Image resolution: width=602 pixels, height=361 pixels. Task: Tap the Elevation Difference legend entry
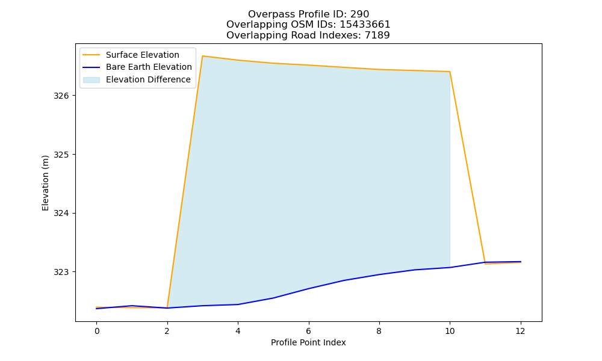point(137,79)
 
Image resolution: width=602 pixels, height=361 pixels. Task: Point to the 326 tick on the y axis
point(61,96)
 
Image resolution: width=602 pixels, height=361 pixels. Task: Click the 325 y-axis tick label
point(61,155)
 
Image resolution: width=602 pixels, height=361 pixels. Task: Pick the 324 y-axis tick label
point(61,214)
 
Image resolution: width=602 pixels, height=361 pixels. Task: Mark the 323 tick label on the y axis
point(61,273)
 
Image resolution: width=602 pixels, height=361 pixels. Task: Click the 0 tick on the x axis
point(97,331)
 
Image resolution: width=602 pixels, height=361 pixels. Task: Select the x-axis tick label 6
point(308,331)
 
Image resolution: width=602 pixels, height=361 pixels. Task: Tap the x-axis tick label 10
point(450,331)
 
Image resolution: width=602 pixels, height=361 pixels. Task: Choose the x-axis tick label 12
point(520,331)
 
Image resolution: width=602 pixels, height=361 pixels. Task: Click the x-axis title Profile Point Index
point(308,342)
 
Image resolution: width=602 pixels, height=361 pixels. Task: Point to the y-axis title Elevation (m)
point(45,183)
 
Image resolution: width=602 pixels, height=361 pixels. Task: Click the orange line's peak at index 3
point(202,56)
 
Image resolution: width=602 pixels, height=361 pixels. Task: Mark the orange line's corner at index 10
point(450,72)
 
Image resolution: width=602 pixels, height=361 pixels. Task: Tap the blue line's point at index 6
point(308,288)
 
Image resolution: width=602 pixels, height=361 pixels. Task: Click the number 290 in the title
point(360,14)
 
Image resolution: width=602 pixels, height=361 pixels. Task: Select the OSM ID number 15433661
point(365,25)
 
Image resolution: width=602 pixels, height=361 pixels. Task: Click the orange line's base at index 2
point(167,307)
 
